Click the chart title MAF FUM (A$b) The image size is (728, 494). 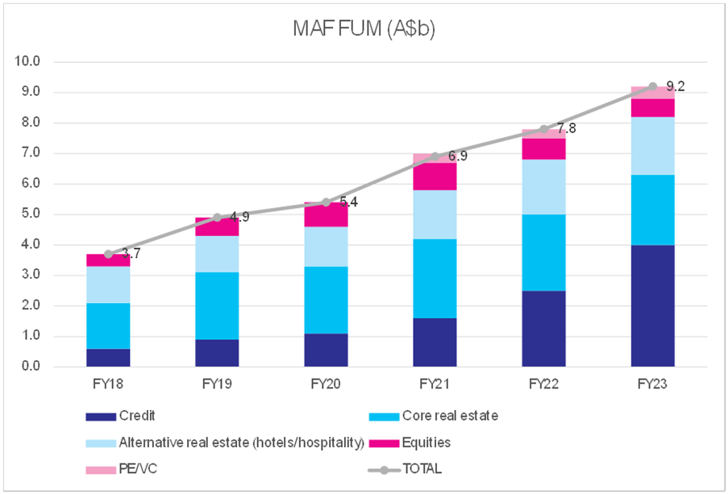click(x=365, y=30)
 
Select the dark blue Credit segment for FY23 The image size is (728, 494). click(x=652, y=305)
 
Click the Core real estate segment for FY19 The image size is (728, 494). click(x=217, y=305)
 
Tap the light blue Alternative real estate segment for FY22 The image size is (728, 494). click(x=543, y=187)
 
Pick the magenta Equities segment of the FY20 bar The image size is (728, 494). click(x=326, y=215)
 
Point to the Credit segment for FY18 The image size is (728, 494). click(x=108, y=357)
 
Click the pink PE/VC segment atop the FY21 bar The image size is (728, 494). click(x=435, y=158)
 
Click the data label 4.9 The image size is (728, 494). click(x=239, y=217)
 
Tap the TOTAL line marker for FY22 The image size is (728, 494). click(x=543, y=129)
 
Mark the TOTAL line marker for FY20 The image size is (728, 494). click(x=326, y=202)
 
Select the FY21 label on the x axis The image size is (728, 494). click(x=435, y=385)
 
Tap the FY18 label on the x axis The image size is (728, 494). click(x=108, y=385)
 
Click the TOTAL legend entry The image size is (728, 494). click(x=411, y=468)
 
